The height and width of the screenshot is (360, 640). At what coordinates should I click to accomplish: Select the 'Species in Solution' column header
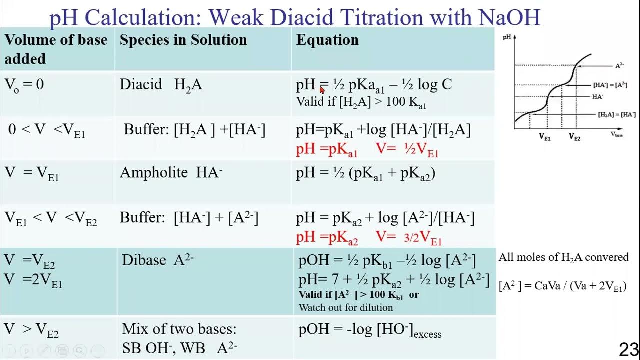point(183,40)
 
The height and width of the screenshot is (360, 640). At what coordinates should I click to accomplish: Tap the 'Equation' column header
point(327,40)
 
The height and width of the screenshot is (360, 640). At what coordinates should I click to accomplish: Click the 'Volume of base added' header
point(56,49)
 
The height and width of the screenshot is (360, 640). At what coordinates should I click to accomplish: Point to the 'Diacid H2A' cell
point(161,85)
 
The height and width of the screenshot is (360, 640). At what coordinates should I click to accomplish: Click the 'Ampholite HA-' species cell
point(171,173)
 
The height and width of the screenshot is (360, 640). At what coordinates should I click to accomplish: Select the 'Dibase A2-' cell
point(158,260)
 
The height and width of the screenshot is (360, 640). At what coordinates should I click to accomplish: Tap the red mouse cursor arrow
point(322,90)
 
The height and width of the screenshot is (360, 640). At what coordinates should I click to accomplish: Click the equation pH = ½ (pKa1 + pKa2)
point(366,173)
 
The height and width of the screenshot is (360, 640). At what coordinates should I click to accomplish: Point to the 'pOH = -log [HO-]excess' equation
point(370,331)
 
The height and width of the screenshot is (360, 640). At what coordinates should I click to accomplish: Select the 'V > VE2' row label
point(32,330)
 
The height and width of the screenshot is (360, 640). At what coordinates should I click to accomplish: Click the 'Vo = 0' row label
point(24,85)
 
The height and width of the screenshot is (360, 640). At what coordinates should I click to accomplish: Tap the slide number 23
point(628,349)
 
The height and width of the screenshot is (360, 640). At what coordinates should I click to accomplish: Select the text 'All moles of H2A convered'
point(563,257)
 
